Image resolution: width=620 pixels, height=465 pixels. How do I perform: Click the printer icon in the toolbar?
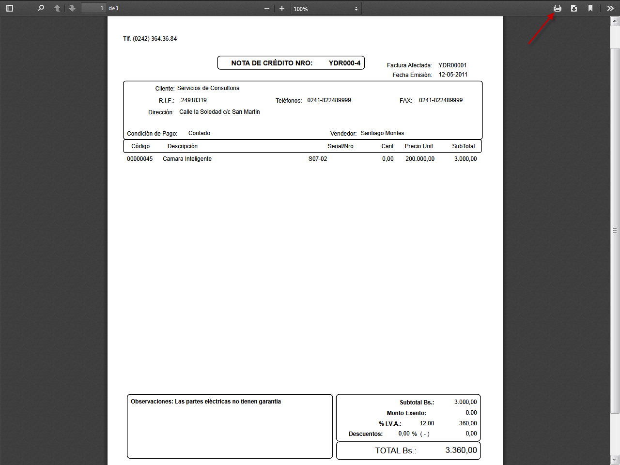(x=558, y=8)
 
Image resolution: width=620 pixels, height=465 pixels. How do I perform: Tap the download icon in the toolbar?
(x=574, y=8)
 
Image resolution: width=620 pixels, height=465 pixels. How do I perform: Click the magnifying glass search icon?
(x=41, y=8)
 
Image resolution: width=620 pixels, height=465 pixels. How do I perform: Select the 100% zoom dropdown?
(x=326, y=9)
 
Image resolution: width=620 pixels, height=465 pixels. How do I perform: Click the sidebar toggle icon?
(x=10, y=8)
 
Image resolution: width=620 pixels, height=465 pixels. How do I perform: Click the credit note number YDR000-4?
(x=344, y=63)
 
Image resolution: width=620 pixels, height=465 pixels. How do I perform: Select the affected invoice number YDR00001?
(x=452, y=65)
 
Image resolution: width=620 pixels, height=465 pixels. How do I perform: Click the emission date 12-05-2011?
(x=453, y=75)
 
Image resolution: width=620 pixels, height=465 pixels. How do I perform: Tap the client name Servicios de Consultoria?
(x=208, y=88)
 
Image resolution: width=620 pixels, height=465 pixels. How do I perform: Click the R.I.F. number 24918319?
(x=194, y=100)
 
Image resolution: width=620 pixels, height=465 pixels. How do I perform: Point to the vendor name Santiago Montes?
(x=382, y=133)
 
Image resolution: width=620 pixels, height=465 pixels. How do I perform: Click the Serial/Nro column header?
(x=341, y=146)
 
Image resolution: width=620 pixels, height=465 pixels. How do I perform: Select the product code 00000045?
(x=139, y=159)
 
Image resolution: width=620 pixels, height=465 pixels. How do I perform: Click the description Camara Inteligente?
(x=187, y=159)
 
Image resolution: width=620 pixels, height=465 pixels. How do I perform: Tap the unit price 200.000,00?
(x=420, y=159)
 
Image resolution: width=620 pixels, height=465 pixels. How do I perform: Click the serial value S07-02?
(x=318, y=159)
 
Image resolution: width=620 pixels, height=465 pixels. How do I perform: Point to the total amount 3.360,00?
(x=461, y=450)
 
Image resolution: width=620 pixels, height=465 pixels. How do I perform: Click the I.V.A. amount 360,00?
(x=468, y=423)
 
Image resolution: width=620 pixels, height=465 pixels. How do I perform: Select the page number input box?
(x=93, y=8)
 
